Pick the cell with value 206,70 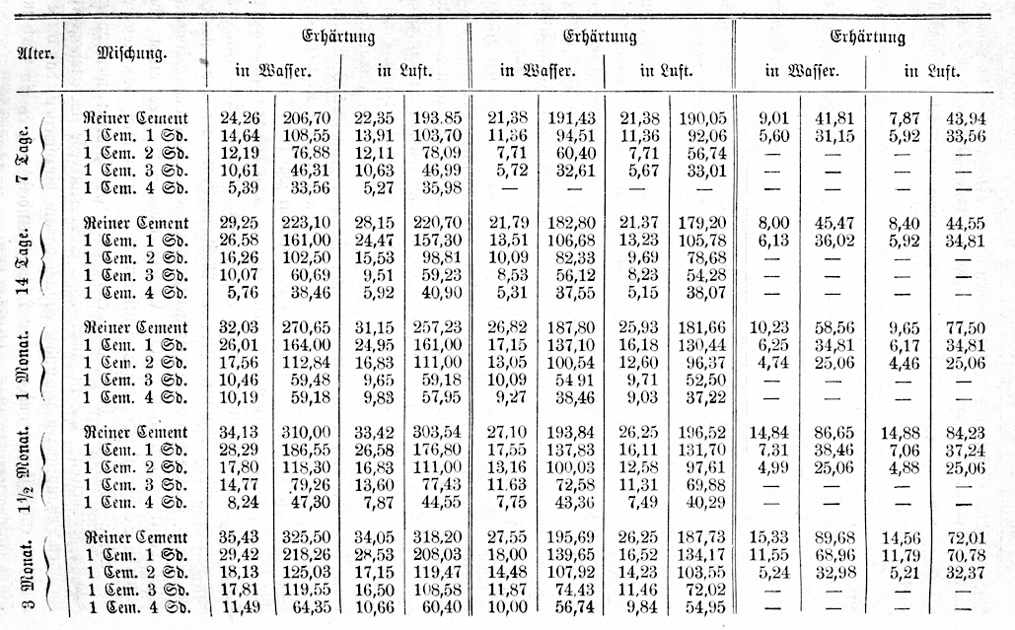pyautogui.click(x=305, y=117)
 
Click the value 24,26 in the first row pyautogui.click(x=239, y=117)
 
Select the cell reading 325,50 pyautogui.click(x=305, y=537)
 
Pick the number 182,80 pyautogui.click(x=569, y=224)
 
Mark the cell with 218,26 pyautogui.click(x=305, y=554)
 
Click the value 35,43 pyautogui.click(x=239, y=537)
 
